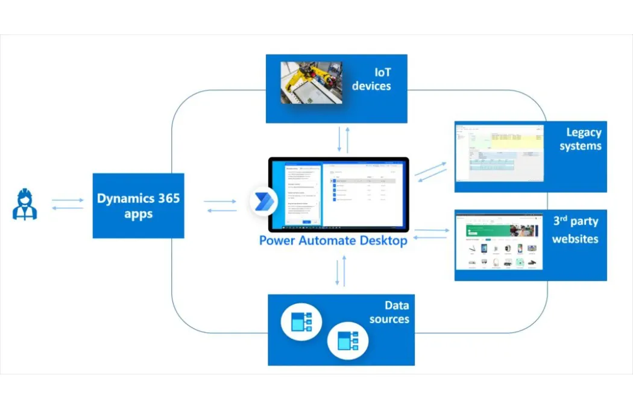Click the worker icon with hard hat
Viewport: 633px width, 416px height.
click(x=25, y=204)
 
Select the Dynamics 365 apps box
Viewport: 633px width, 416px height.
click(x=138, y=206)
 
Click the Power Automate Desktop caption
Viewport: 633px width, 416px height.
click(x=333, y=240)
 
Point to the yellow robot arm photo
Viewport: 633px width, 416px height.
click(x=311, y=83)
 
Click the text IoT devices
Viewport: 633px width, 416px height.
click(x=371, y=80)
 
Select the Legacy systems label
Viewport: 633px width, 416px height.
click(x=580, y=139)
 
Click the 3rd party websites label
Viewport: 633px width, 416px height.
click(x=576, y=230)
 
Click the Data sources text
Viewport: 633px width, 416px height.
click(x=389, y=312)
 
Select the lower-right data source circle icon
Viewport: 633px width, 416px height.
click(x=347, y=341)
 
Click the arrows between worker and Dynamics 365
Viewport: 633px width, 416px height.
click(x=68, y=204)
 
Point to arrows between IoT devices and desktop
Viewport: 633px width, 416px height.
click(x=342, y=139)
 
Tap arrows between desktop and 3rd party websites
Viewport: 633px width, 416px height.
click(x=431, y=233)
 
